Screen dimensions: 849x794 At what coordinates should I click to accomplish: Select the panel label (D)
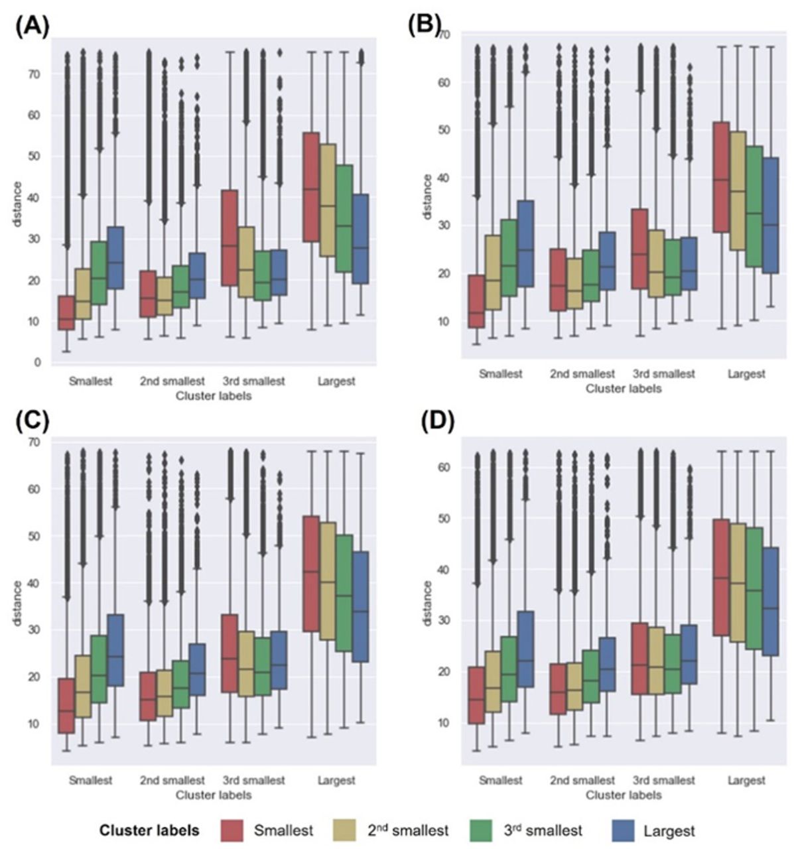coord(438,423)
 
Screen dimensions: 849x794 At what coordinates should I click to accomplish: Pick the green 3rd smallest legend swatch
coord(487,830)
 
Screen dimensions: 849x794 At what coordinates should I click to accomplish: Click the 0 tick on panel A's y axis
coord(37,362)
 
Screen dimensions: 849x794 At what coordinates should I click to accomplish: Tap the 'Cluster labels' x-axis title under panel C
coord(213,794)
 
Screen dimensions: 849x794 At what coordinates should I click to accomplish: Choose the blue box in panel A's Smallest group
coord(116,257)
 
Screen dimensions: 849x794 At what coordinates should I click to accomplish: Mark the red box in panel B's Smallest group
coord(476,301)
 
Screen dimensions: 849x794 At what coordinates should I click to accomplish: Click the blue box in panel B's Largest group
coord(769,216)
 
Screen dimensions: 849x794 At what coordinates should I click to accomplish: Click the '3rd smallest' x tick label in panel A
coord(255,381)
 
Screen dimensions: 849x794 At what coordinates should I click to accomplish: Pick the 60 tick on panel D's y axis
coord(444,467)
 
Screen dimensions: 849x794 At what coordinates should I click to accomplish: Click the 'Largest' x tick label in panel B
coord(746,374)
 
